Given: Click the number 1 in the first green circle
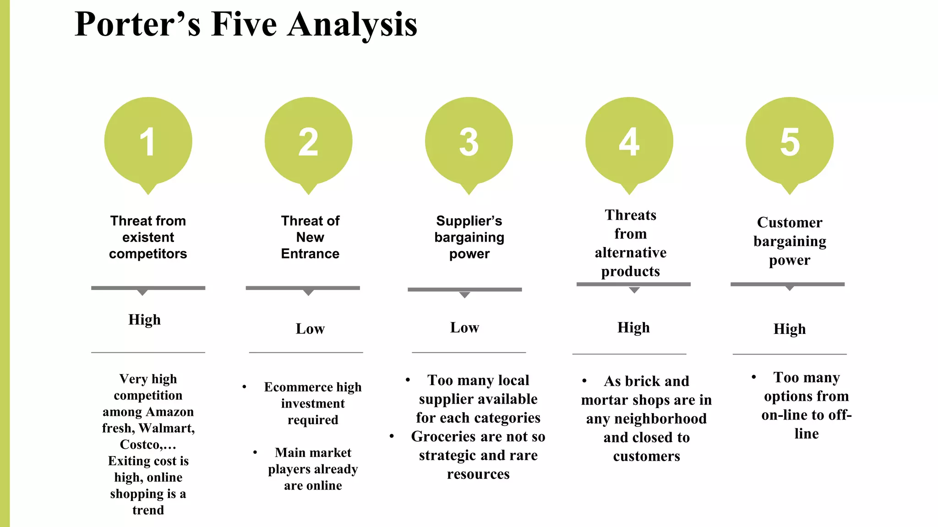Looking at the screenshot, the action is (147, 142).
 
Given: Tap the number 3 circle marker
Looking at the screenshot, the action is (469, 142).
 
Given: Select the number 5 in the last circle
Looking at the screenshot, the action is (790, 142).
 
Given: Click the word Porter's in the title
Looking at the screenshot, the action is (137, 25).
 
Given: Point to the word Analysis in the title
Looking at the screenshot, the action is (352, 25).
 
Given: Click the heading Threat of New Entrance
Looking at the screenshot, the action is (310, 237).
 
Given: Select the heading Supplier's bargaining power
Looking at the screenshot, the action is (469, 237).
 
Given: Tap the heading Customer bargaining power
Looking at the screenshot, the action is (790, 241).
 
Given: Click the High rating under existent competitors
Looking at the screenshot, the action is (144, 319).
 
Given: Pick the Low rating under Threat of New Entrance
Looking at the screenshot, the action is (310, 328).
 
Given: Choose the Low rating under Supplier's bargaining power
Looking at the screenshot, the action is (464, 327).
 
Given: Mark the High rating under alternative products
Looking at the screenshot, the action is (633, 327).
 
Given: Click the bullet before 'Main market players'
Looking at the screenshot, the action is (255, 452).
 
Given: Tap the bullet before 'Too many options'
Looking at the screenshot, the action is (753, 377).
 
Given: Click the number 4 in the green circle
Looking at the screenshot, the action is (629, 142).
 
